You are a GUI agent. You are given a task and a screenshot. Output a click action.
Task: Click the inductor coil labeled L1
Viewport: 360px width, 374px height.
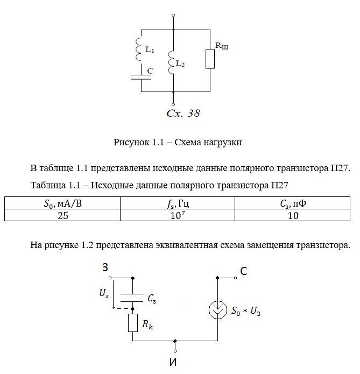tap(139, 47)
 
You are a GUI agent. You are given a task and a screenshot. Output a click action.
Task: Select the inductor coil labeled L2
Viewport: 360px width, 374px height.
tap(172, 61)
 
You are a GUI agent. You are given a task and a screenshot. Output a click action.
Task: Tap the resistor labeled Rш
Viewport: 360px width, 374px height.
tap(210, 59)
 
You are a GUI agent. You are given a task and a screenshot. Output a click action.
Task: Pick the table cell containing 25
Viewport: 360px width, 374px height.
tap(62, 216)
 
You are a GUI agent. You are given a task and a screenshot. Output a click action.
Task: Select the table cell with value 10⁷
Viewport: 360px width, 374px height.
tap(177, 216)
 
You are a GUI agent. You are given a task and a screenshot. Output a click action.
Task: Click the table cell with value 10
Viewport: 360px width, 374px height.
tap(293, 216)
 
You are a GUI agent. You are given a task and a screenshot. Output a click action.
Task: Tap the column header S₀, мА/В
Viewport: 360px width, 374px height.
tap(62, 204)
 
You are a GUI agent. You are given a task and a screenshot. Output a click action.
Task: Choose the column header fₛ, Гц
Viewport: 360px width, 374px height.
tap(177, 204)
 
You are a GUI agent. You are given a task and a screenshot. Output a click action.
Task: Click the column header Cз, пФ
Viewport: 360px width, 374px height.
tap(293, 204)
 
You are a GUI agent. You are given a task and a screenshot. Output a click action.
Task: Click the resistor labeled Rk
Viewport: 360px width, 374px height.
tap(133, 323)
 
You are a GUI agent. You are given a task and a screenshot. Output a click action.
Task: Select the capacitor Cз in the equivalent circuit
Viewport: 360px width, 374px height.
tap(133, 297)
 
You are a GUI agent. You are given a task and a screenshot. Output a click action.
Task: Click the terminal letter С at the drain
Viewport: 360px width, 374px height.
tap(244, 271)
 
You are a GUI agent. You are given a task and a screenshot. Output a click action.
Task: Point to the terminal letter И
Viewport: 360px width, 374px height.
tap(173, 362)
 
